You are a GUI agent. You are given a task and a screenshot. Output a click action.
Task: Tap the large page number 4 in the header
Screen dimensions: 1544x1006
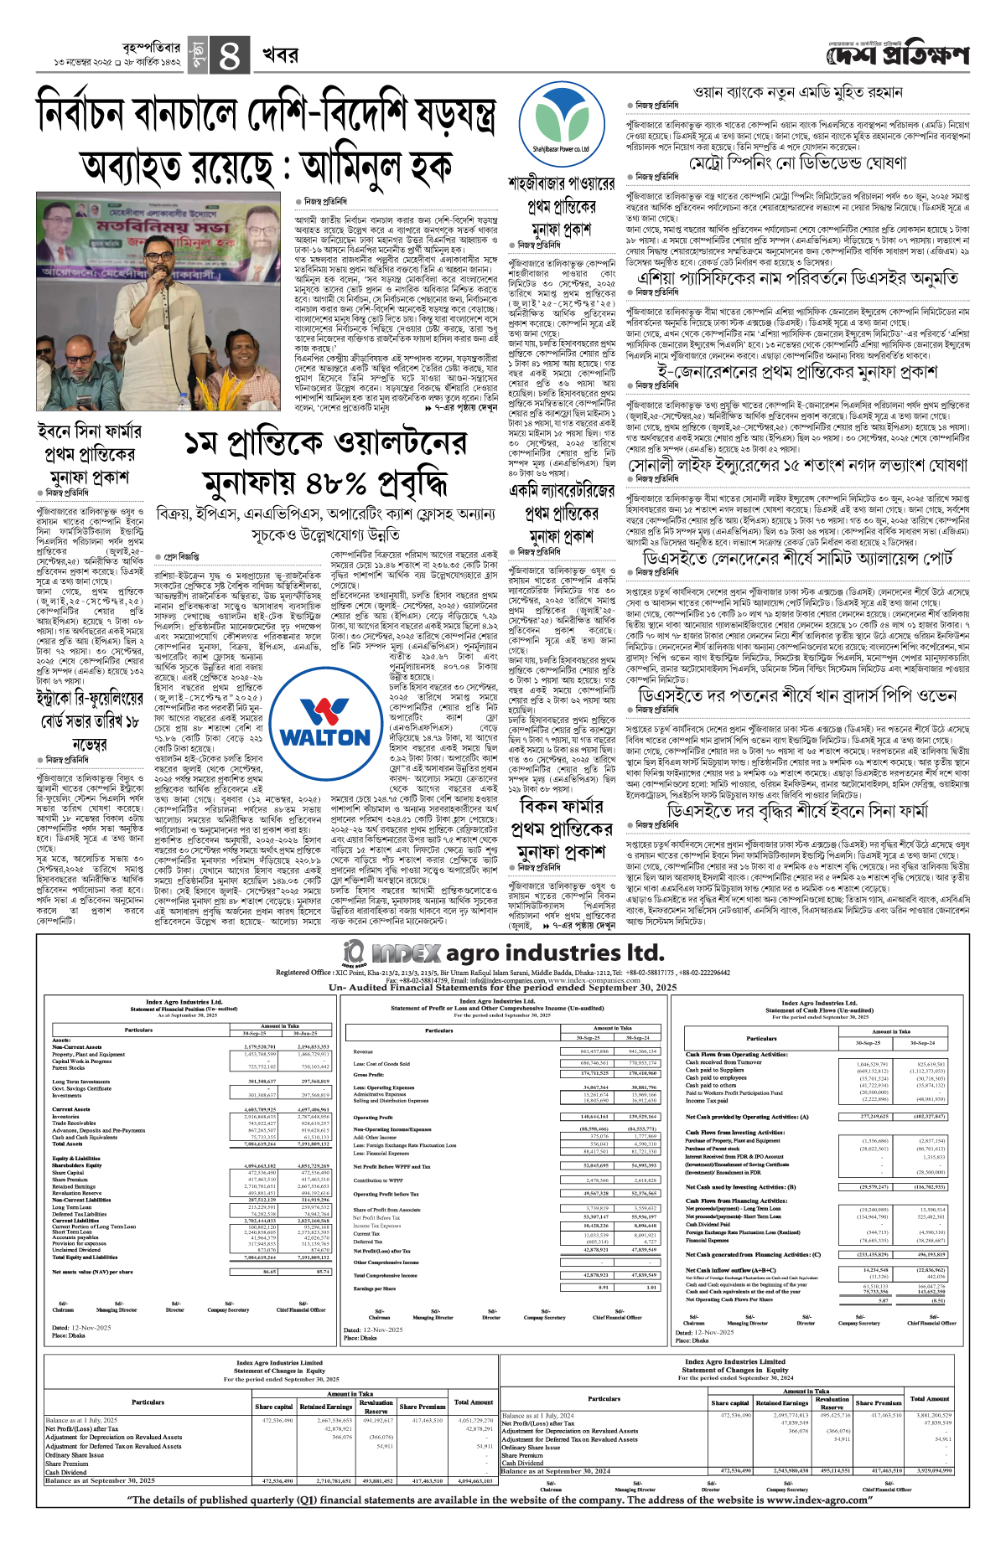pyautogui.click(x=229, y=55)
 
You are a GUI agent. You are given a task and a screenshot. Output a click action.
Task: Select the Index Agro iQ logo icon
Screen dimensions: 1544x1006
pyautogui.click(x=355, y=952)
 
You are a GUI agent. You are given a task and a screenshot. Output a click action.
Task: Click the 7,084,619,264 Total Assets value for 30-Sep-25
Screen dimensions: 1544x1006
pyautogui.click(x=261, y=1144)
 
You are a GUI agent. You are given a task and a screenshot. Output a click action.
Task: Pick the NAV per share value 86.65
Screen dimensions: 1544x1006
pyautogui.click(x=269, y=1272)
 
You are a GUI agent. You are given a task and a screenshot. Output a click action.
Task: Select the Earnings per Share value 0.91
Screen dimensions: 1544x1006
pyautogui.click(x=603, y=1288)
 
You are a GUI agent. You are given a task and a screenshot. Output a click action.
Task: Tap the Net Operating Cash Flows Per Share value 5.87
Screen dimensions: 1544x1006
pyautogui.click(x=884, y=1300)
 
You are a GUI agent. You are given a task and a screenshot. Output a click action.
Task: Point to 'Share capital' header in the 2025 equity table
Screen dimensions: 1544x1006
pyautogui.click(x=274, y=1407)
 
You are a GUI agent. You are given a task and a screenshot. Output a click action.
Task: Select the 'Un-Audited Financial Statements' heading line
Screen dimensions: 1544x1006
pyautogui.click(x=502, y=988)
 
